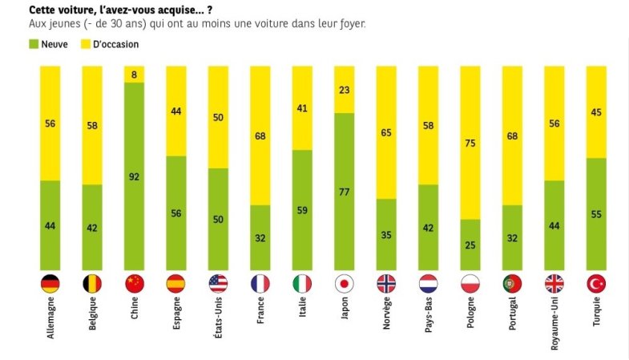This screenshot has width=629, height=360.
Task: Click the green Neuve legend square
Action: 33,44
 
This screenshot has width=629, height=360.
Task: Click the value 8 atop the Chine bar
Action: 134,75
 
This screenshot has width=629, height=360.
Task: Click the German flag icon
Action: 50,283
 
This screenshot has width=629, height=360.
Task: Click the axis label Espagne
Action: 176,321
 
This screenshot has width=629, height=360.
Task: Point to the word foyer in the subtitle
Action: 352,24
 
